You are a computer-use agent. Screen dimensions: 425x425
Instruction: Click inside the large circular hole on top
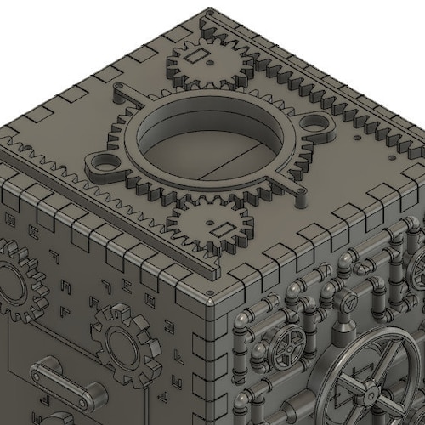(x=207, y=144)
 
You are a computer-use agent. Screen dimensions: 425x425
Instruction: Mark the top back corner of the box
(x=209, y=12)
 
